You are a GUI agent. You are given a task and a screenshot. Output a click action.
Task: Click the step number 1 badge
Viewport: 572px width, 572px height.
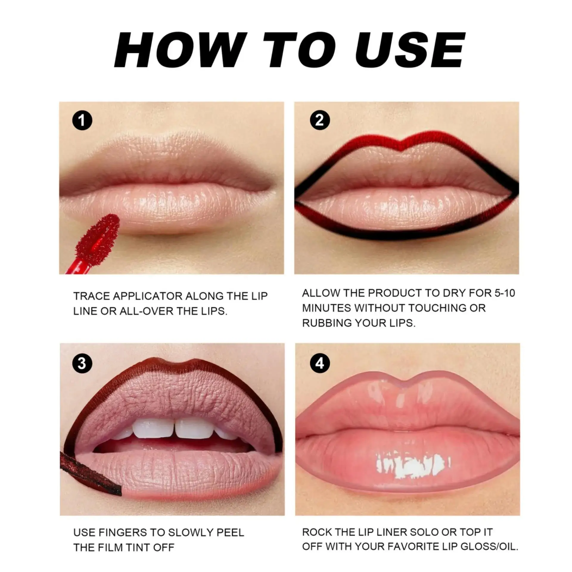(82, 120)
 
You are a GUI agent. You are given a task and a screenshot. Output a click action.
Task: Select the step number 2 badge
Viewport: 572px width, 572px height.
(319, 120)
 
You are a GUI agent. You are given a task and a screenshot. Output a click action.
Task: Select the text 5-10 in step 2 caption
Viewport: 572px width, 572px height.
(504, 293)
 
